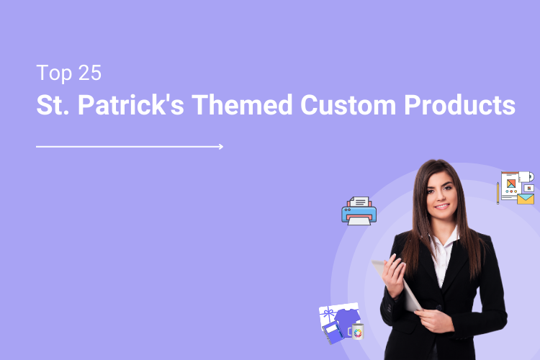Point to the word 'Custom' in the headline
pyautogui.click(x=345, y=105)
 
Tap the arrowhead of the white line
pyautogui.click(x=220, y=146)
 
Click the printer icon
pyautogui.click(x=359, y=211)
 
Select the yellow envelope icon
pyautogui.click(x=526, y=199)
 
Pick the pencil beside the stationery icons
pyautogui.click(x=498, y=192)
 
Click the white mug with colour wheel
pyautogui.click(x=357, y=332)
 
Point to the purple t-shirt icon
pyautogui.click(x=346, y=318)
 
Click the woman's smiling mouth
pyautogui.click(x=441, y=207)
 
